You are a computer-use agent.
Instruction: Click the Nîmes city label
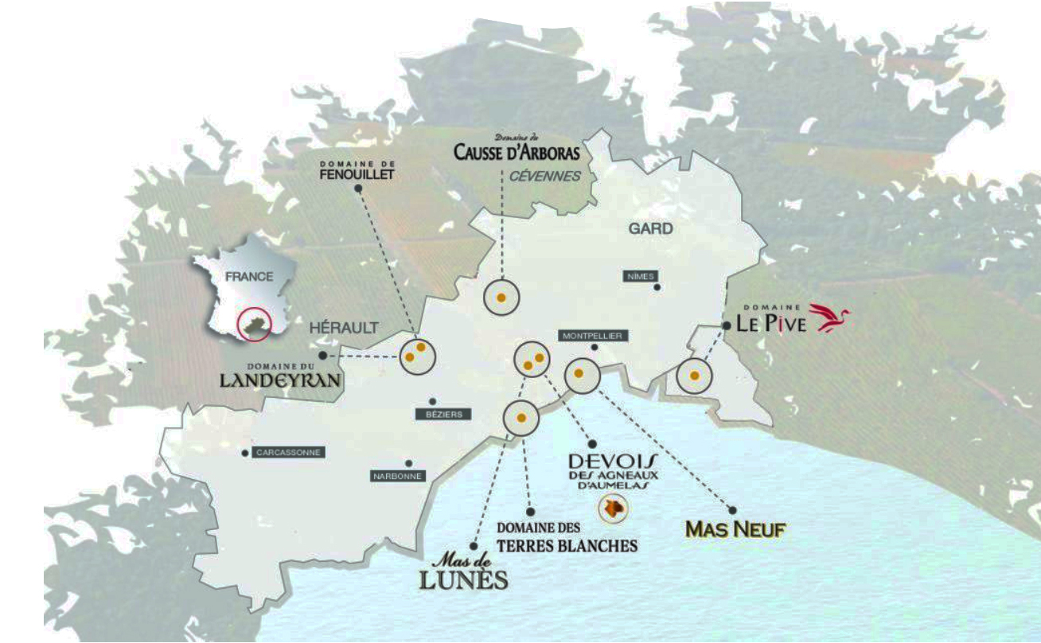[x=641, y=276]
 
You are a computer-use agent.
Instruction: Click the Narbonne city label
[x=397, y=477]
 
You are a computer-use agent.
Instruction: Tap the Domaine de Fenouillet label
[x=357, y=170]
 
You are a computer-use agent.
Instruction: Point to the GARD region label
[x=651, y=229]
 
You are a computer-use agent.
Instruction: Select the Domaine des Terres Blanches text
[x=567, y=537]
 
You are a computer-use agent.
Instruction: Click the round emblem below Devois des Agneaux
[x=612, y=508]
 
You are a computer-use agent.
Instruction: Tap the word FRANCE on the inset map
[x=249, y=277]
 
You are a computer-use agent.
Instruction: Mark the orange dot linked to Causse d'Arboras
[x=501, y=298]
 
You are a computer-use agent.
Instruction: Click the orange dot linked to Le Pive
[x=694, y=376]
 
